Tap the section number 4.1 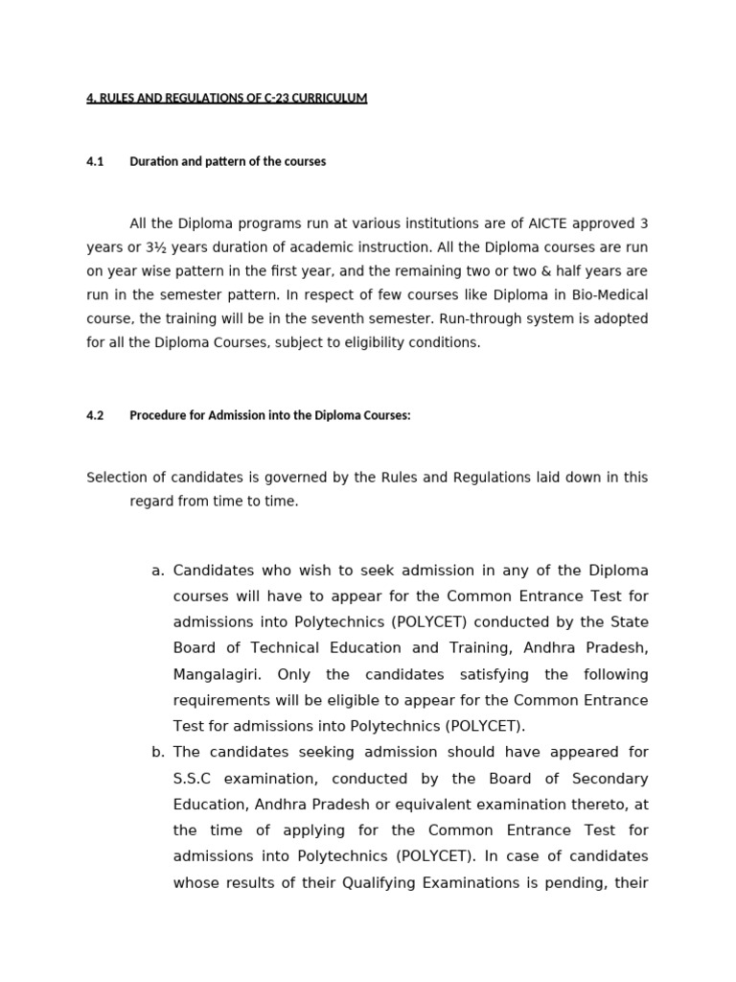(95, 161)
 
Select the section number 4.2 (95, 415)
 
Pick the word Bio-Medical (607, 294)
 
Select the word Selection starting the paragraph (115, 478)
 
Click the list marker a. (157, 571)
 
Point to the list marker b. (157, 752)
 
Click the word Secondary (609, 779)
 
